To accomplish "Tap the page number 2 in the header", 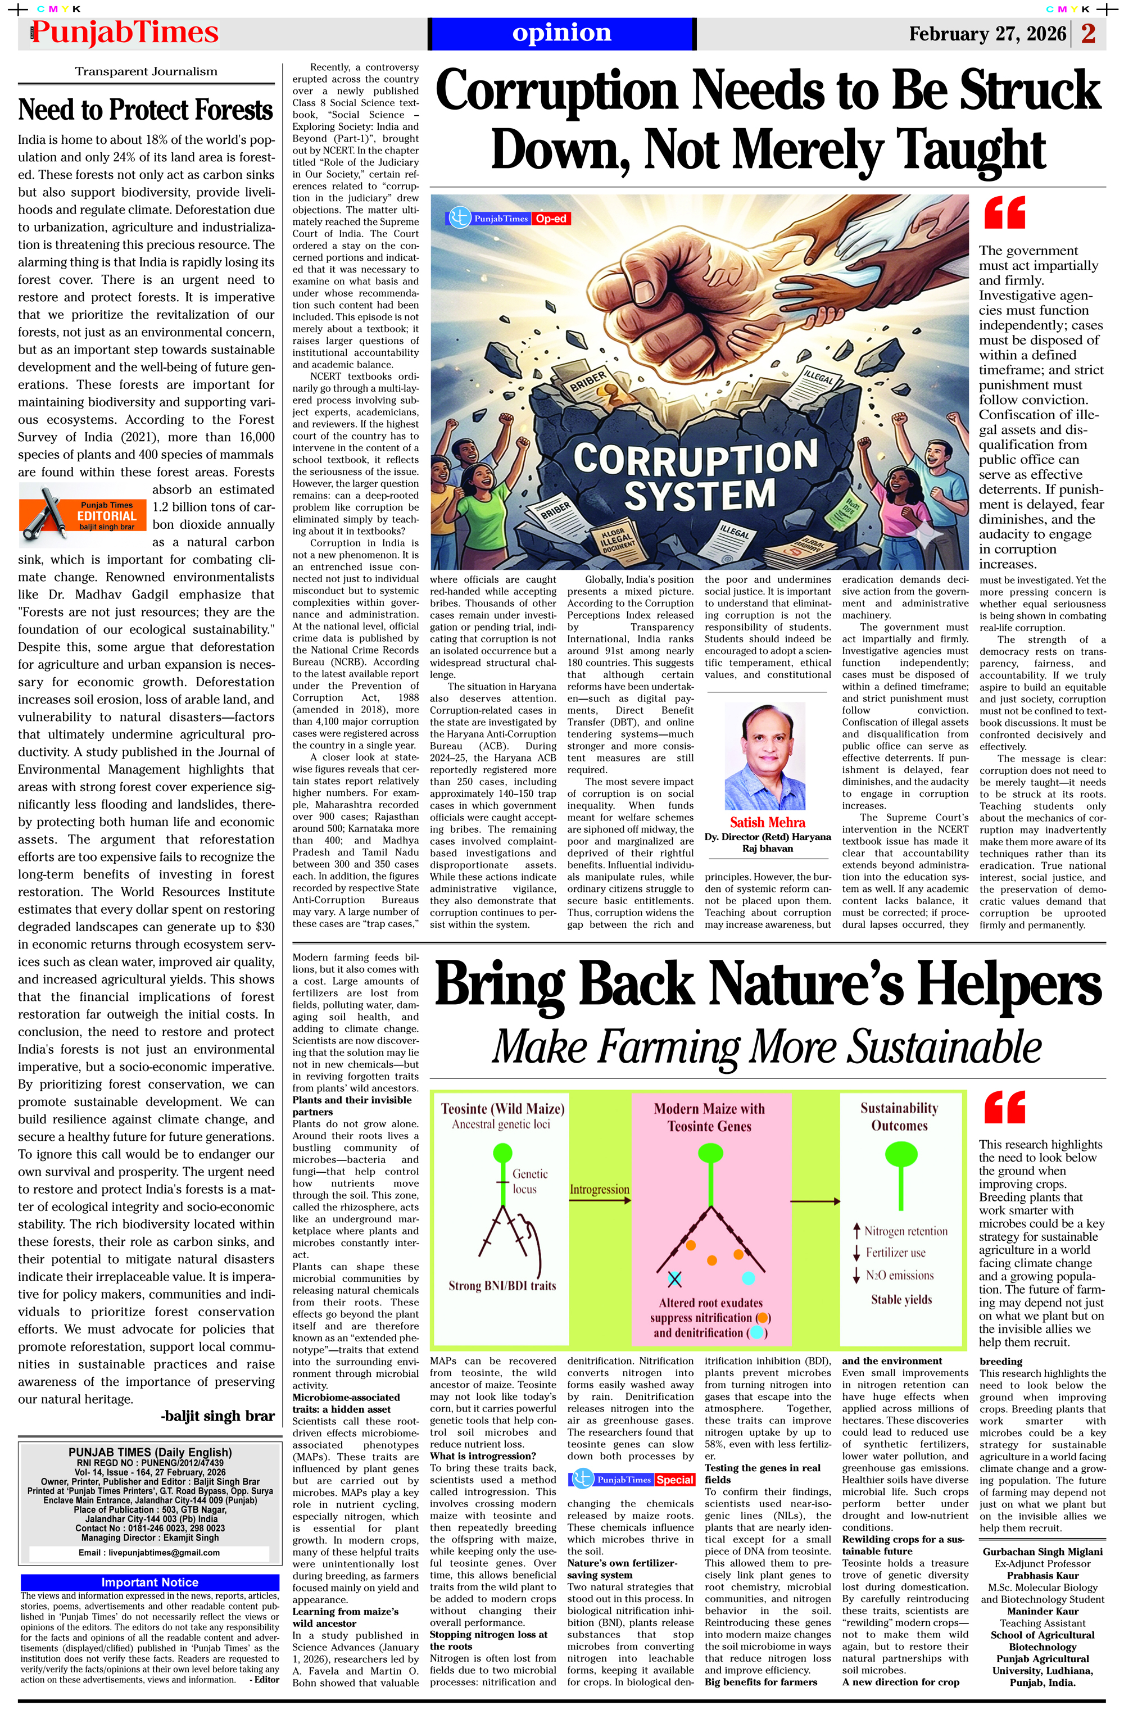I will click(x=1088, y=34).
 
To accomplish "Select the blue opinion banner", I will click(x=561, y=33).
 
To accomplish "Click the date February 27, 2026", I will click(x=987, y=34).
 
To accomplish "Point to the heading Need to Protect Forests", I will click(x=146, y=110).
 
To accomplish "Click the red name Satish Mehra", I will click(x=767, y=822).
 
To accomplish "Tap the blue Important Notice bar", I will click(x=149, y=1582).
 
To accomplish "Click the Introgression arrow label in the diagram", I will click(x=599, y=1189).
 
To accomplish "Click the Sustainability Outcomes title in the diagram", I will click(x=899, y=1117).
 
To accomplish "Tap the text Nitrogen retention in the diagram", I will click(x=905, y=1231).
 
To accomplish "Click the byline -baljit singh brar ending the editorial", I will click(x=217, y=1416).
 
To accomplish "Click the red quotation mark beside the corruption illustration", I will click(x=1004, y=212).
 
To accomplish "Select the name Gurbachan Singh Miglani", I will click(x=1043, y=1552).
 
